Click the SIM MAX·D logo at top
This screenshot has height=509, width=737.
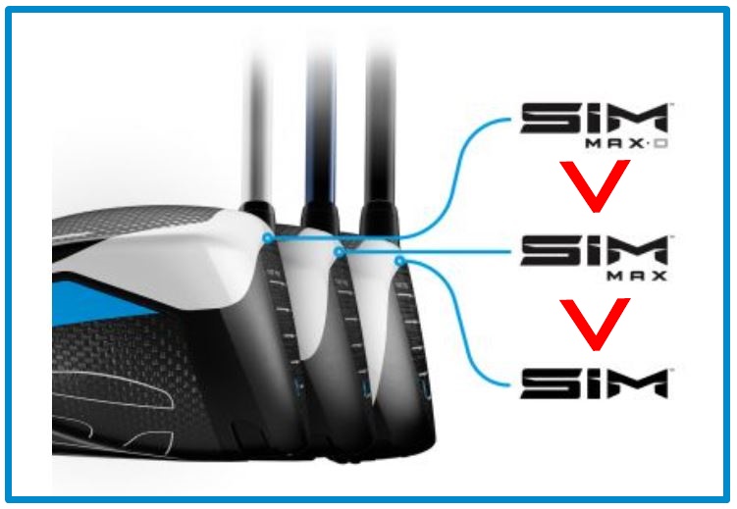[594, 126]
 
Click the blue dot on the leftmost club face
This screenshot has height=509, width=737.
[267, 237]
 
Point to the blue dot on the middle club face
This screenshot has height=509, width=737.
[340, 252]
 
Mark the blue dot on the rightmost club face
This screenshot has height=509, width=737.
[399, 260]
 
